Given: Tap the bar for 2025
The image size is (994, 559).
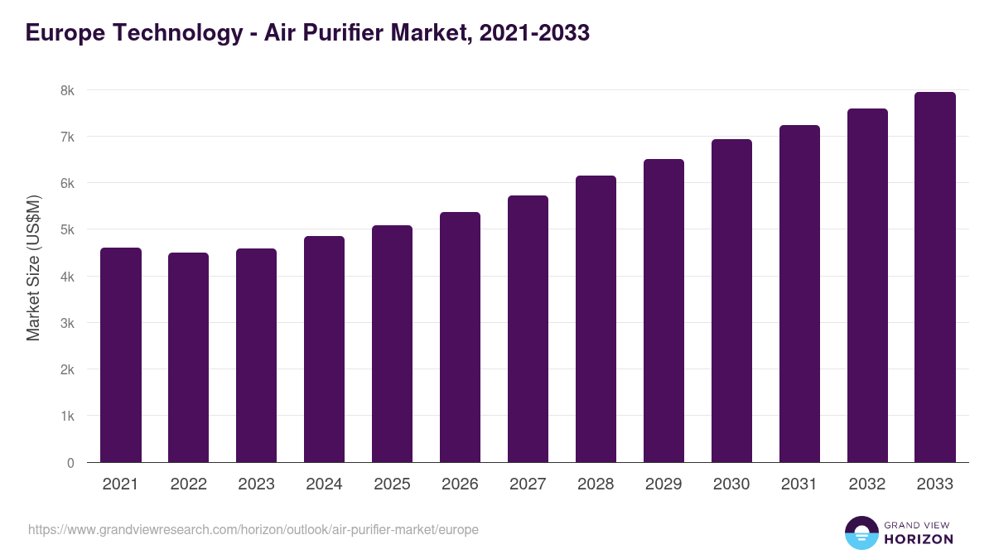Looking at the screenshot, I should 392,344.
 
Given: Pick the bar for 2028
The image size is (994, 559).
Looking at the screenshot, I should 596,319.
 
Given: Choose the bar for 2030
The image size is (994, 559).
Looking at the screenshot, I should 731,301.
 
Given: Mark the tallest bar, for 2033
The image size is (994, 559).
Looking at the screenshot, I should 935,277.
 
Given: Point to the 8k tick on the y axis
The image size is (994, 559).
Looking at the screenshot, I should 67,90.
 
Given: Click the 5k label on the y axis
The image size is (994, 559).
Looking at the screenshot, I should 67,229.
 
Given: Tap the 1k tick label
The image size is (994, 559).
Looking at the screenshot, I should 67,416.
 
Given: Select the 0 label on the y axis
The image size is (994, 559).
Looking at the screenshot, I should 70,463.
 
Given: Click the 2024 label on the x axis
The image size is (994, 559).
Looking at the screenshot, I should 324,484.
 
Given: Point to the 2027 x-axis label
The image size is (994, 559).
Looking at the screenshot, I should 528,484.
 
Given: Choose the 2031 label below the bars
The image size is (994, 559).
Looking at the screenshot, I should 799,484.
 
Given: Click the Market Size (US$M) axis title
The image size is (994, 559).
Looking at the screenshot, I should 33,268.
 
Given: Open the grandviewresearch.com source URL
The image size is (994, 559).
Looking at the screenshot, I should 253,529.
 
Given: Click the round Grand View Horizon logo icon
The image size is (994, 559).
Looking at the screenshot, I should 861,532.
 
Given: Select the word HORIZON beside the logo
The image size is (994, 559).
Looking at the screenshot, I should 919,539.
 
